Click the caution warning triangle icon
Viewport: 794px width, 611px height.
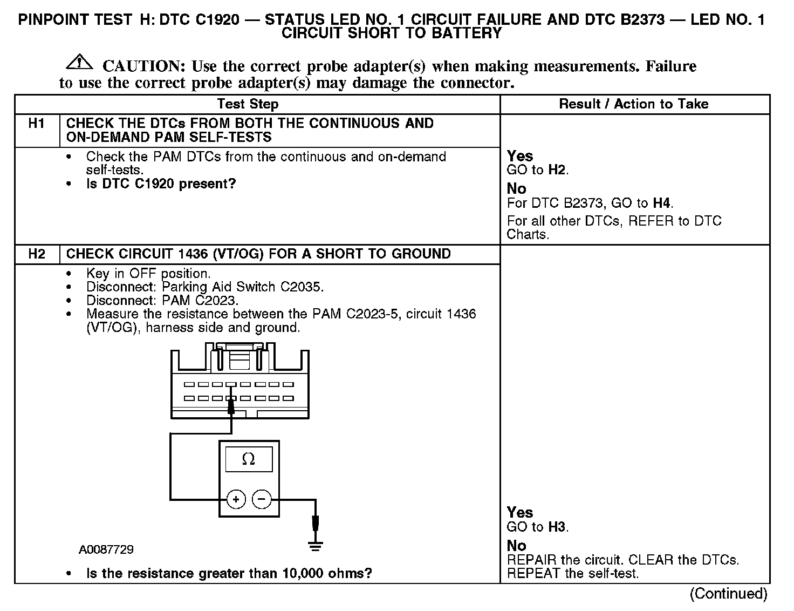(79, 62)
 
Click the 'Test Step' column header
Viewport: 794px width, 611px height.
(248, 104)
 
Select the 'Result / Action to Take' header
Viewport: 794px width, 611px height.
(634, 104)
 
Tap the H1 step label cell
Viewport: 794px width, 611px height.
(36, 124)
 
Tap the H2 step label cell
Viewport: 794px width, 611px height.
(36, 254)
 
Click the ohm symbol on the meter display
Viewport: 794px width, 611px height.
(248, 459)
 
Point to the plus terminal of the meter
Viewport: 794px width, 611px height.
(236, 499)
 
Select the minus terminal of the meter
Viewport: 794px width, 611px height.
(262, 499)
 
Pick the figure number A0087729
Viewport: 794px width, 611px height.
(106, 549)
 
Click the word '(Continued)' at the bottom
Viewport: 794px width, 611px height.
(728, 594)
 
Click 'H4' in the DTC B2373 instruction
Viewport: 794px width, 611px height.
(662, 203)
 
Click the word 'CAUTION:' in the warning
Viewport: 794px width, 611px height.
(144, 66)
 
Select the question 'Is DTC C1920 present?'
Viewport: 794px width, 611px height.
(161, 184)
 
